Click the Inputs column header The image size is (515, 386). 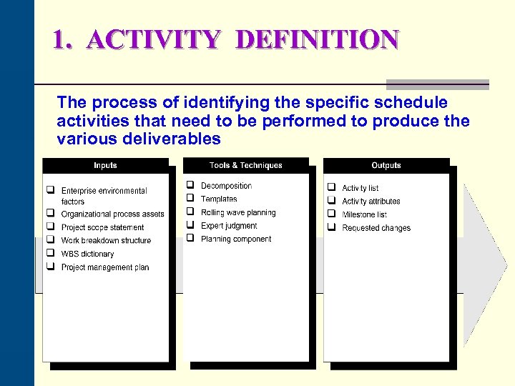(x=105, y=166)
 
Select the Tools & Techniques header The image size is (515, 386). (x=246, y=166)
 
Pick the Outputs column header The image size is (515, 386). (x=386, y=166)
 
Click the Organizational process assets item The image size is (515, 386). (x=112, y=214)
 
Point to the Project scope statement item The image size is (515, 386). (x=102, y=227)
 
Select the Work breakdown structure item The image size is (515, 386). (x=106, y=241)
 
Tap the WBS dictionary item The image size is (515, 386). (x=87, y=254)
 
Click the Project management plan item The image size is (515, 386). (x=105, y=267)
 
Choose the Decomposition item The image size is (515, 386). (x=226, y=186)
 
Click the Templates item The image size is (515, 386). (x=219, y=199)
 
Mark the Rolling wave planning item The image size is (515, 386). (x=238, y=213)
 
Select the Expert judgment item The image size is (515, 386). (x=229, y=226)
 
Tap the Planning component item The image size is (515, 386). (x=236, y=239)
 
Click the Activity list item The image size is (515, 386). (x=360, y=188)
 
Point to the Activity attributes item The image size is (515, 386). (x=371, y=202)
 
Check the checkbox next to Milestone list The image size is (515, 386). (x=332, y=214)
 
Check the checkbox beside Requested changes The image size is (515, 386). (x=332, y=227)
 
